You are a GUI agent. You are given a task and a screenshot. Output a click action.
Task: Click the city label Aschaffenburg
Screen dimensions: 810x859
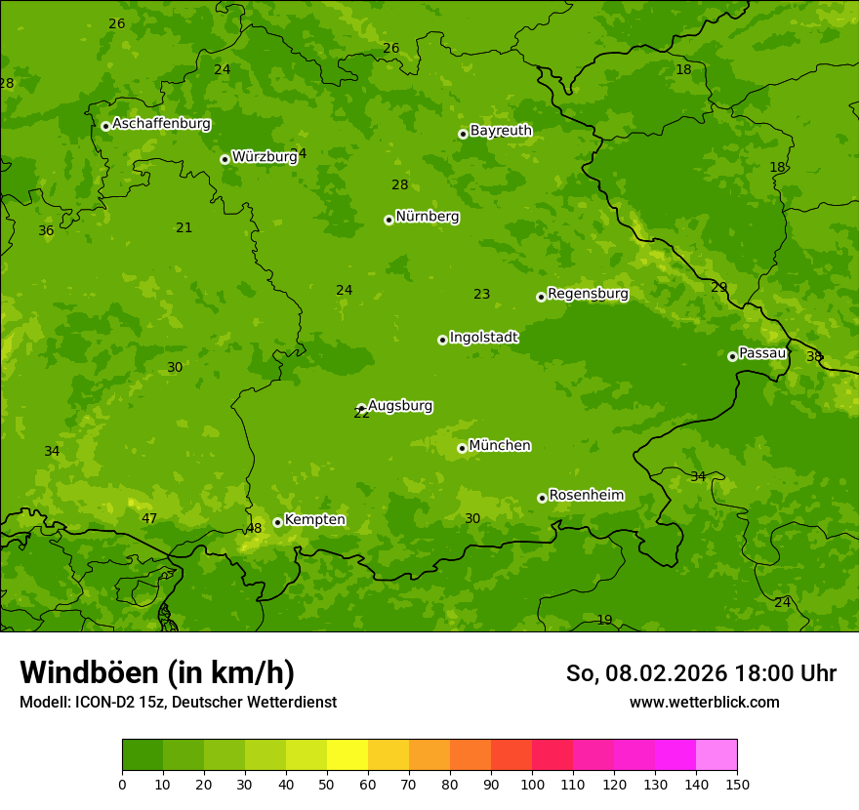[161, 124]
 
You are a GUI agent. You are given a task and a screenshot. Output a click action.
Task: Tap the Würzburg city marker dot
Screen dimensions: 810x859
[225, 159]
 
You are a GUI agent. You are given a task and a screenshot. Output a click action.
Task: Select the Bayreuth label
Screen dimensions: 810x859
[501, 131]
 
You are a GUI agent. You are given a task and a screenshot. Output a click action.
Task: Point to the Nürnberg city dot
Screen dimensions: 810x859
[389, 220]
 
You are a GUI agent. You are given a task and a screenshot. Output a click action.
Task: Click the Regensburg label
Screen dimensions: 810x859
[588, 294]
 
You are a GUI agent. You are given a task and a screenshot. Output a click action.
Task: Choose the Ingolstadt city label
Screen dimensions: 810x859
[483, 338]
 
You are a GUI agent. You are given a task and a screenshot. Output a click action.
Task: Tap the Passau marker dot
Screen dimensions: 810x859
[732, 356]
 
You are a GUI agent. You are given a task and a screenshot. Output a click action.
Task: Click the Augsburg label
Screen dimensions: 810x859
[400, 406]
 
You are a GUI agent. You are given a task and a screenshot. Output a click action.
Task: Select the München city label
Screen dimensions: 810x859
[500, 446]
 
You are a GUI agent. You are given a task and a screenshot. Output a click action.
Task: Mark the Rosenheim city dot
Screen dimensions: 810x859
[542, 498]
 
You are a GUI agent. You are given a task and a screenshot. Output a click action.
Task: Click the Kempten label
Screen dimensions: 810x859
[314, 520]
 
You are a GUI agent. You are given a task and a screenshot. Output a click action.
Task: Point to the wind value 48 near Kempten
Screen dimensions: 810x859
[254, 529]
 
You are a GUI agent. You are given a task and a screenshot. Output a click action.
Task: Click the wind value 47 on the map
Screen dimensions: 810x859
[149, 519]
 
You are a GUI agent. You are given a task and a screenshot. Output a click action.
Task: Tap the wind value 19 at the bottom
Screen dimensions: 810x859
[604, 621]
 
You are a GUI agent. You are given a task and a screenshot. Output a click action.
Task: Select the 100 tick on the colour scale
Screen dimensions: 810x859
[532, 784]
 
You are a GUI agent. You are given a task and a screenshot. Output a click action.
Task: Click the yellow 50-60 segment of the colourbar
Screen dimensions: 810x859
[348, 755]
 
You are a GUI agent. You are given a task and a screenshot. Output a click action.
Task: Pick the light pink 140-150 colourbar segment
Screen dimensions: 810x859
[716, 755]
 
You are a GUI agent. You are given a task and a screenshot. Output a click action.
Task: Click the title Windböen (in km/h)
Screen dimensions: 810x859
[157, 672]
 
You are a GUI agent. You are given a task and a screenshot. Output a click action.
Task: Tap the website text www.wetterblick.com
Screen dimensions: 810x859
[704, 702]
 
